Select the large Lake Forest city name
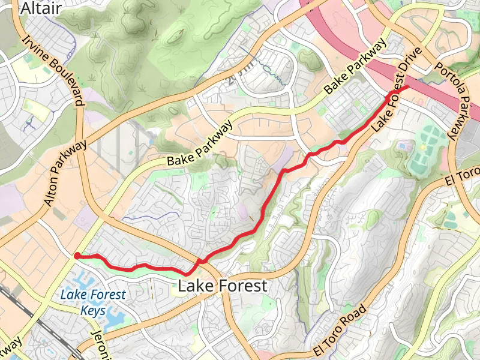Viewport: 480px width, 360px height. coord(222,286)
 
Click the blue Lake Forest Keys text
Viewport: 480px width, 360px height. coord(93,302)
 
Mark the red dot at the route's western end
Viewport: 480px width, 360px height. coord(77,256)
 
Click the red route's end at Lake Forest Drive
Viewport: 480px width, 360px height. coord(408,87)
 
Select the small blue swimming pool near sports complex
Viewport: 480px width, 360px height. coord(403,146)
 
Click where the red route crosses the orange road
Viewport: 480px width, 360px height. coord(200,261)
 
